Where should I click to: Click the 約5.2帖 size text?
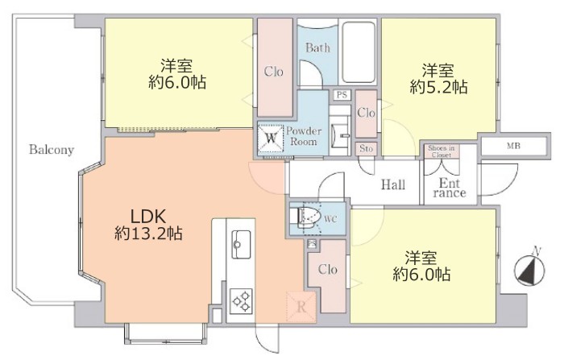click(x=438, y=86)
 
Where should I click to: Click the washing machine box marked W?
click(x=272, y=139)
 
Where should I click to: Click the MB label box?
click(x=512, y=146)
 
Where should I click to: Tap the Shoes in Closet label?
click(x=442, y=150)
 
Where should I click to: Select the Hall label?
click(x=393, y=185)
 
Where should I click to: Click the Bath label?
click(x=316, y=48)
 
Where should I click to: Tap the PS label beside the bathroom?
click(x=342, y=95)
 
